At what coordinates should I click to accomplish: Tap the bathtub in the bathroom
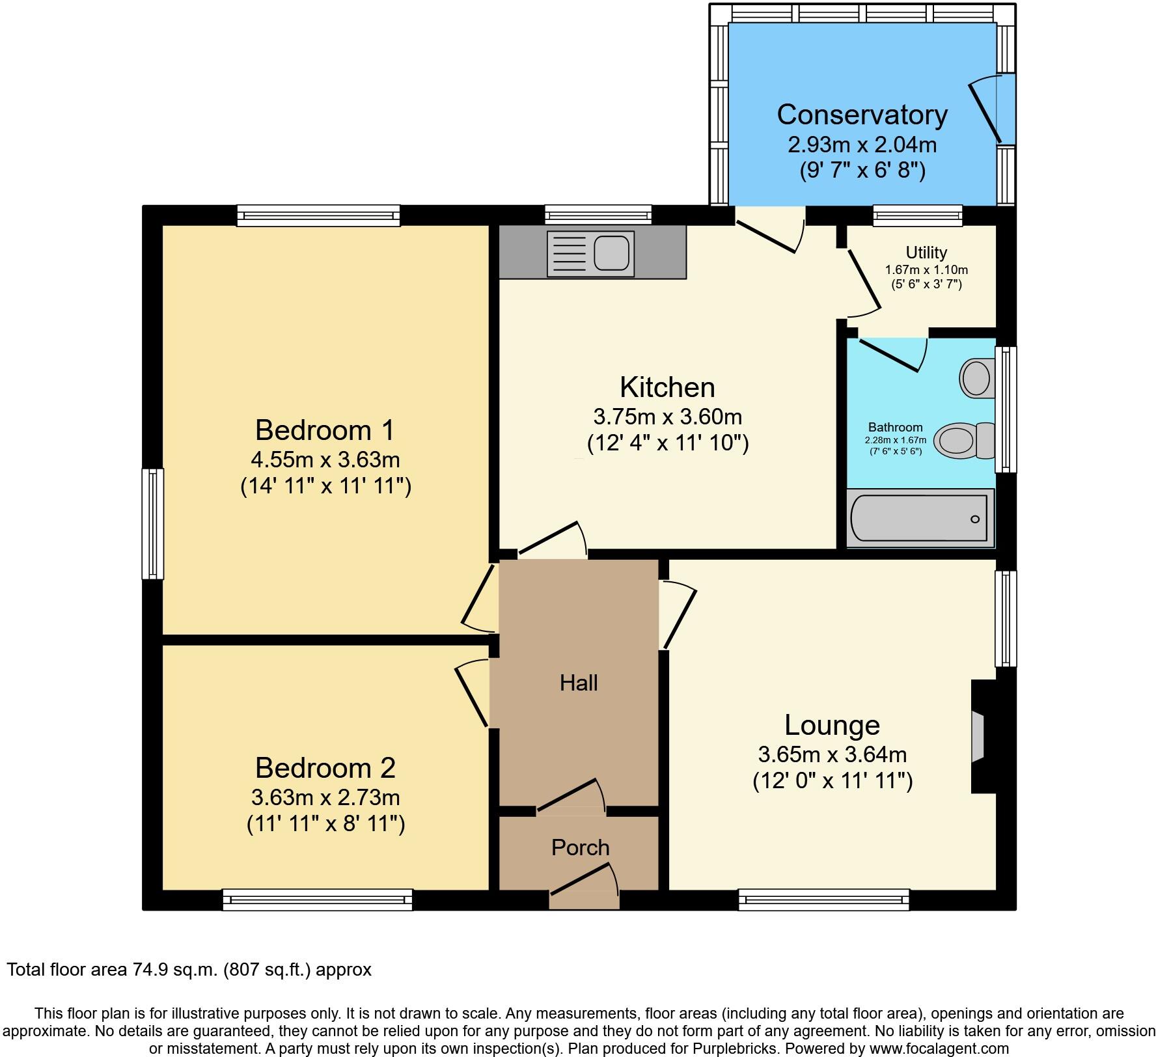[x=920, y=519]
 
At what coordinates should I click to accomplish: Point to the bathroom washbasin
[x=975, y=378]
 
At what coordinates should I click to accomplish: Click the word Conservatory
[x=862, y=115]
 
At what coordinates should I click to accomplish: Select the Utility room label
[x=926, y=253]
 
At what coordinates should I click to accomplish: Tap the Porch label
[x=580, y=847]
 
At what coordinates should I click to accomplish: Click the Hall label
[x=579, y=683]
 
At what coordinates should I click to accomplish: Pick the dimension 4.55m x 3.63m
[x=325, y=460]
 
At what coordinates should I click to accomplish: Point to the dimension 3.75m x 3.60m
[x=667, y=417]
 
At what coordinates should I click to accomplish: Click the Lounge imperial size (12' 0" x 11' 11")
[x=832, y=780]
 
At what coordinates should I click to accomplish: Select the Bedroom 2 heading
[x=325, y=768]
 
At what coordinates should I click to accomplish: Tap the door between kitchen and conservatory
[x=770, y=231]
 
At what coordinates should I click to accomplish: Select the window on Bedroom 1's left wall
[x=153, y=523]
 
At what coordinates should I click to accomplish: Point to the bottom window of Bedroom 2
[x=317, y=900]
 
